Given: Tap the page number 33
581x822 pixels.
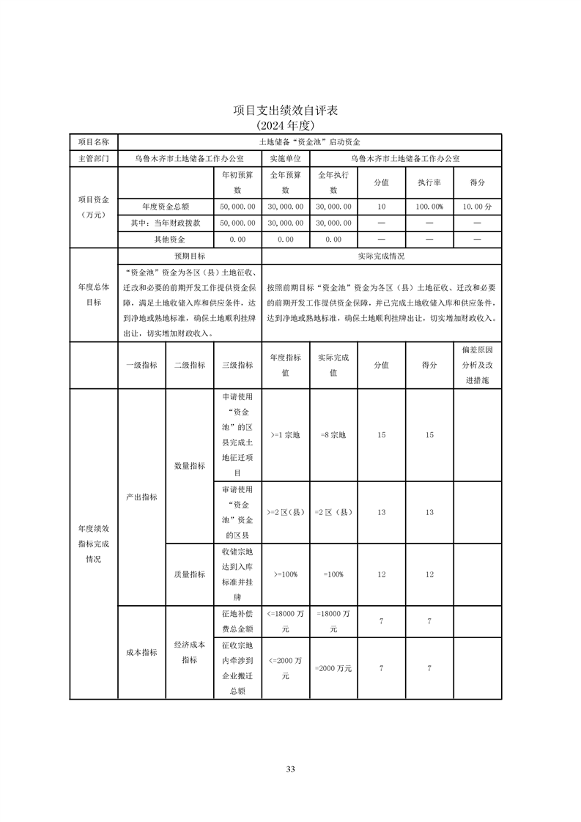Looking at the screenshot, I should pos(290,769).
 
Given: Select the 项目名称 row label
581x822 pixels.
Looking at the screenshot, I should pos(93,141).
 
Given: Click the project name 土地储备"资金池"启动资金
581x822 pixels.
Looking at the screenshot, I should pos(310,141).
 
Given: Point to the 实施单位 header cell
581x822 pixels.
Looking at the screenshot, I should pos(286,158).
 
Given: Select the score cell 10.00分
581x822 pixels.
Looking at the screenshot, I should pos(477,207).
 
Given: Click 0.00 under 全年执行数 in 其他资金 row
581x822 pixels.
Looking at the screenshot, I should pos(333,240).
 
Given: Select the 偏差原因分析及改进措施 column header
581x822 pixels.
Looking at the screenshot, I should pos(477,365).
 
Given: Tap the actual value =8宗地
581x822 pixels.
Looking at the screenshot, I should pos(333,435).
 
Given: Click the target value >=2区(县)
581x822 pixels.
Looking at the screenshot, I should pos(286,512).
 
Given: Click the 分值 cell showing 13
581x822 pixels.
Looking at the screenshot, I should pos(381,512).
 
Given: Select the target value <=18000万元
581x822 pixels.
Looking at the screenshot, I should pos(286,621).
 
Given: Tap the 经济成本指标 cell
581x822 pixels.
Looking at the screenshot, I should pos(189,652).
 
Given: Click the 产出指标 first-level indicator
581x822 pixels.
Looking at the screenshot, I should pos(141,497).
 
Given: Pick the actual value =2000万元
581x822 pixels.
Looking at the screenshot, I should pos(333,668).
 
